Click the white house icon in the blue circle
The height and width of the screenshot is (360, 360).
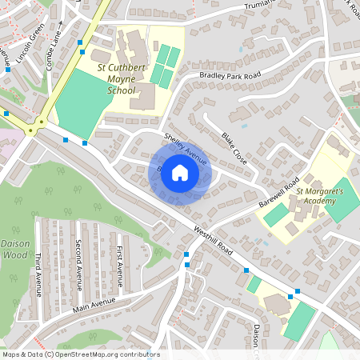click(180, 173)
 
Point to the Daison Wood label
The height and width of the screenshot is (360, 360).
click(14, 248)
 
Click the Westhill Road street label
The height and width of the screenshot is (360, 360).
click(213, 240)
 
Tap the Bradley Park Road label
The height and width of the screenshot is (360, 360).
click(230, 74)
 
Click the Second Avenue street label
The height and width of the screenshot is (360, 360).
click(78, 265)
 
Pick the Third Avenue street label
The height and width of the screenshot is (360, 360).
click(38, 274)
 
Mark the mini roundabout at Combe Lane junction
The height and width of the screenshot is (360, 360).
click(34, 128)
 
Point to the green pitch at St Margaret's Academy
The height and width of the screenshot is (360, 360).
click(343, 199)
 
